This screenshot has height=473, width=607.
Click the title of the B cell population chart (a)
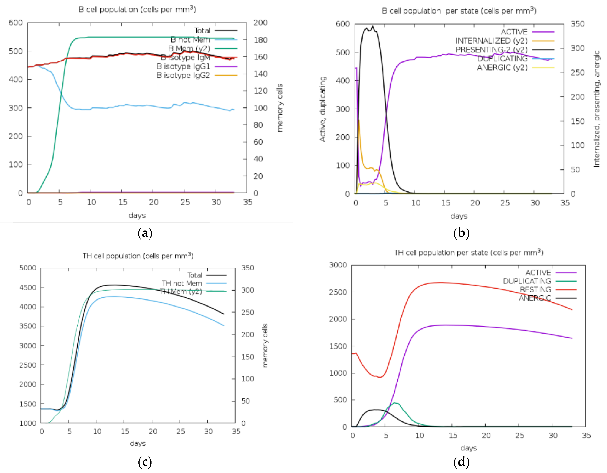[137, 9]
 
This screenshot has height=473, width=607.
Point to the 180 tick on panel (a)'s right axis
[260, 40]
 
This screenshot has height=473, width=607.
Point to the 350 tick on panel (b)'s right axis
[578, 24]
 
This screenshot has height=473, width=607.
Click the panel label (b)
[461, 233]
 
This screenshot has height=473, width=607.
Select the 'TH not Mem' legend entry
[182, 283]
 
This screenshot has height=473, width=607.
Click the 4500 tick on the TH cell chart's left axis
[28, 287]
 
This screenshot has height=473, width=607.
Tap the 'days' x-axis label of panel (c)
[138, 443]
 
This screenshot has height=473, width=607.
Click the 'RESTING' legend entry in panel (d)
[535, 290]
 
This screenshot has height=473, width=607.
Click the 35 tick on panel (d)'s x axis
[586, 435]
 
